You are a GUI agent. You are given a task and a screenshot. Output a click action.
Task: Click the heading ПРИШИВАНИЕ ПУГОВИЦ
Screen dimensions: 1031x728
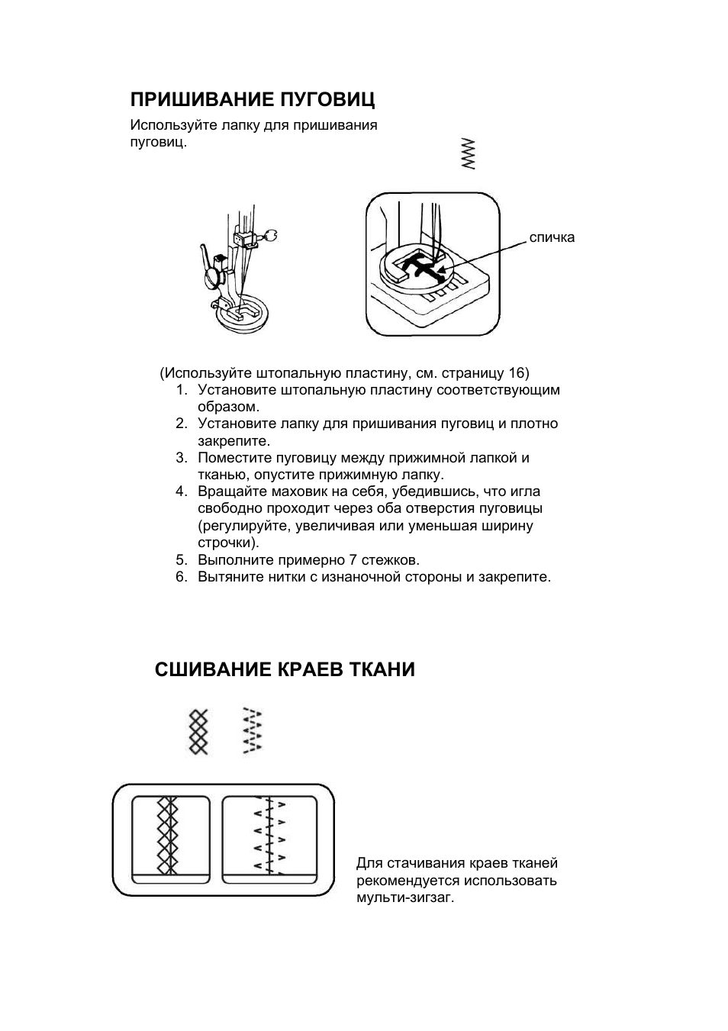[253, 100]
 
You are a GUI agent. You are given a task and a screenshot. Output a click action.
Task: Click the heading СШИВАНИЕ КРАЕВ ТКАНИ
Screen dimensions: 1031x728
[285, 670]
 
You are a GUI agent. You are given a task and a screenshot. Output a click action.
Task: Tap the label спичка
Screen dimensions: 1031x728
[552, 237]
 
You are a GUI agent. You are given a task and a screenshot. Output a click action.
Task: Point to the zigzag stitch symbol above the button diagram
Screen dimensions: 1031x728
[467, 153]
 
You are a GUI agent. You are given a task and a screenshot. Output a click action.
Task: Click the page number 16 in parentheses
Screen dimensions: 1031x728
[516, 373]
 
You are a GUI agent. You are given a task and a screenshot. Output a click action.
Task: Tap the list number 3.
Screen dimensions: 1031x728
[181, 458]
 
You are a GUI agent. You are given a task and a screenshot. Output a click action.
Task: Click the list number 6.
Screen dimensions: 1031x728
[181, 577]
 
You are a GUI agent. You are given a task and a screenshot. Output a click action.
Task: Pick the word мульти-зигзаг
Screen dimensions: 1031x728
[404, 897]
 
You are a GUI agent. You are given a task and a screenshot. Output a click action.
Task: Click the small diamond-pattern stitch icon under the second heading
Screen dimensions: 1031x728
[198, 731]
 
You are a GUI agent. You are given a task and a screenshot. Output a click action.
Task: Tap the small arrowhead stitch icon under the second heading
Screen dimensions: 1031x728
[252, 731]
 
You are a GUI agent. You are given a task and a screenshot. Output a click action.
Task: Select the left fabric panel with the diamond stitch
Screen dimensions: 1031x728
[170, 839]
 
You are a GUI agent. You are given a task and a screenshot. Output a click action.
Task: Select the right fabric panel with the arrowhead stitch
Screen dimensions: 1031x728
[269, 839]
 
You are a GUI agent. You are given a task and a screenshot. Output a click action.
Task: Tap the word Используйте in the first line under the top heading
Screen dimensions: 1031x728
[173, 125]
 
